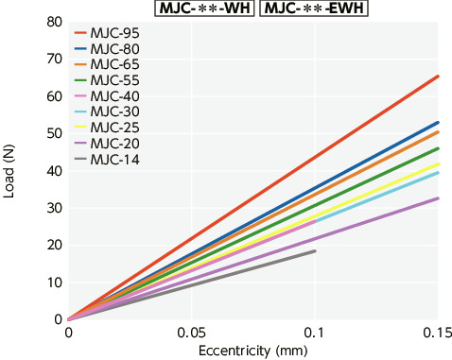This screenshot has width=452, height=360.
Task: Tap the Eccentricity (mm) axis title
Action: tap(252, 351)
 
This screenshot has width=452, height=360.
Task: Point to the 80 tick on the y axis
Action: tap(53, 22)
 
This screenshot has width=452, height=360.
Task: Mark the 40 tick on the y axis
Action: tap(53, 171)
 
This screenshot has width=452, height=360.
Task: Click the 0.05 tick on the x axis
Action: tap(192, 334)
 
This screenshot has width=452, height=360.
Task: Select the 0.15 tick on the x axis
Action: tap(438, 334)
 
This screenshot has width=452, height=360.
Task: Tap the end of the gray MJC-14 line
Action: tap(315, 250)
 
